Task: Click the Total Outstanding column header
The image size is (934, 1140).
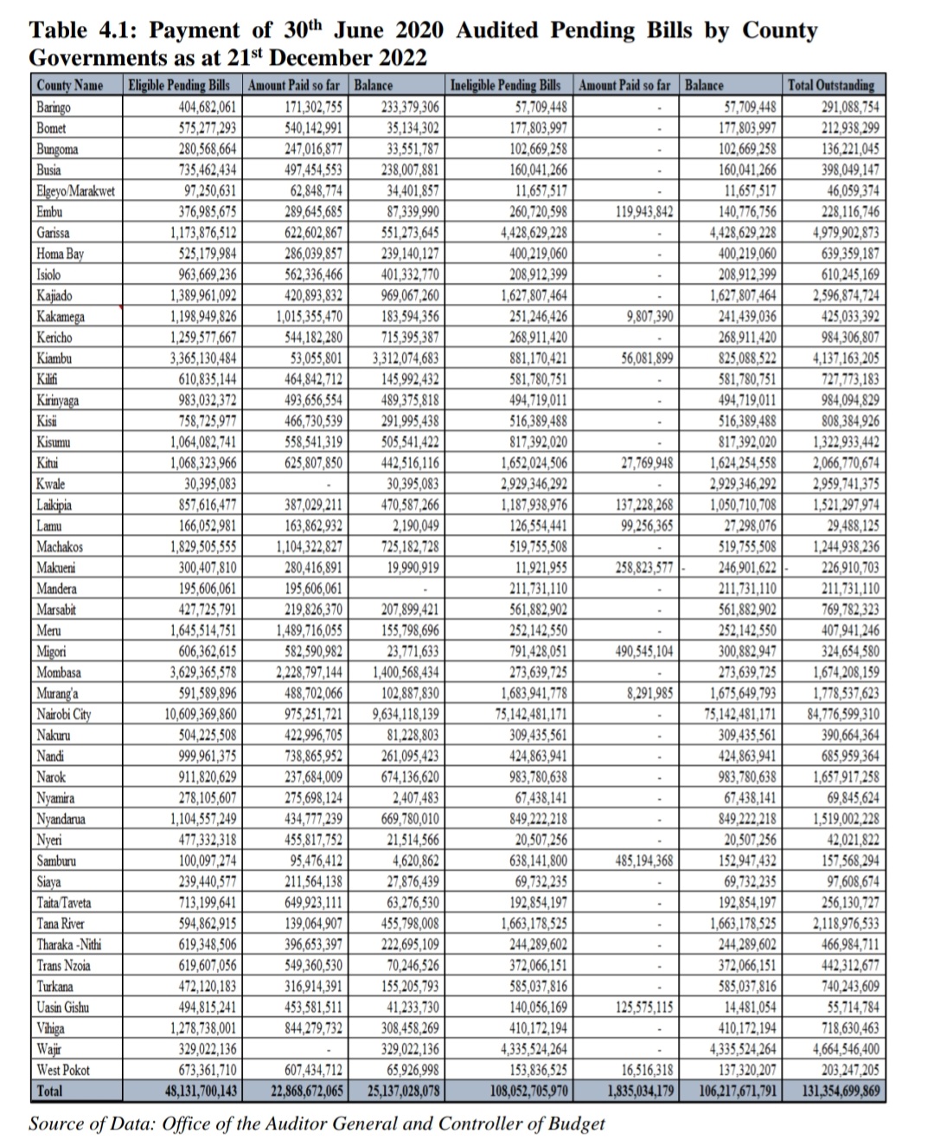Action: click(x=831, y=86)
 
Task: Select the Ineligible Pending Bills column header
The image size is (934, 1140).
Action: click(x=505, y=86)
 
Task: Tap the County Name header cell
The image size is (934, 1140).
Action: click(x=70, y=86)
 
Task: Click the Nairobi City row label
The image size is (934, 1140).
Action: click(x=64, y=714)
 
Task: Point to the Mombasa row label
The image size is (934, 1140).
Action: click(x=59, y=673)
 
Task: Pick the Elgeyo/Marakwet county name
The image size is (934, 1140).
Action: click(x=75, y=190)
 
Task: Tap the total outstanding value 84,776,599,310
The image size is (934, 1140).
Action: click(x=831, y=714)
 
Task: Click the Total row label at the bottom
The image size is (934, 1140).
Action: click(x=49, y=1091)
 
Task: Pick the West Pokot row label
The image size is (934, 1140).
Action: click(x=63, y=1070)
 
